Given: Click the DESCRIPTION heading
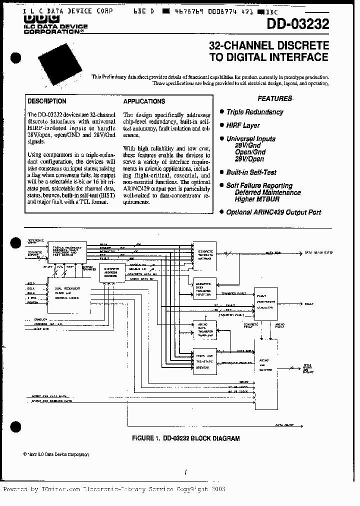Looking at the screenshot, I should pos(47,100).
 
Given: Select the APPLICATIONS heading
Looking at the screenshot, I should pos(144,101).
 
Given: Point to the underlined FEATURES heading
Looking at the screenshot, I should pos(274,98).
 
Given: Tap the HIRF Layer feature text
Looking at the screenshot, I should pos(243,125).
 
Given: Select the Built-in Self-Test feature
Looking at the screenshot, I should pos(251,172).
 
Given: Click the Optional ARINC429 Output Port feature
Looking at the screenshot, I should pos(273,212).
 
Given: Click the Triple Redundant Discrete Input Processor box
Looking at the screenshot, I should pos(66,251).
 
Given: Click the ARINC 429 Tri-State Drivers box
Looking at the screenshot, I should pos(205,361).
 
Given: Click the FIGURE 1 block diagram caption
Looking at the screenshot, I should pos(185,438).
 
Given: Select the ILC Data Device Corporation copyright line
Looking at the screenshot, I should pos(56,454).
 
